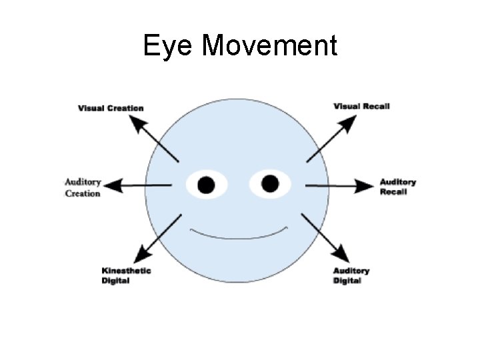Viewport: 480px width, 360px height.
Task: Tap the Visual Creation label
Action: pos(111,108)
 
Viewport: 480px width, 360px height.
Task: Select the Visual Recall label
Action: pos(361,106)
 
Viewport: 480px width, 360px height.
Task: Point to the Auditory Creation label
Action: pos(83,187)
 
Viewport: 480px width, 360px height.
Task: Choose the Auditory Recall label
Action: pos(397,187)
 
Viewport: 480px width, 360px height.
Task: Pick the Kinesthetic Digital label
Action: pos(126,275)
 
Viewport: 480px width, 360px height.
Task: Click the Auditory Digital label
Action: pos(351,275)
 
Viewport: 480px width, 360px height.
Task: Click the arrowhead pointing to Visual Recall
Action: pos(350,122)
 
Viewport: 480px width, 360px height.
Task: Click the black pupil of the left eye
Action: pos(207,184)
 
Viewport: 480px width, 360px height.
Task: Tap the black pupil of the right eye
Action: pos(270,183)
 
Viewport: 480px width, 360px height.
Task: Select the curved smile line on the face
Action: pos(239,235)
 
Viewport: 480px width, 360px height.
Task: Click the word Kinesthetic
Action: pos(126,271)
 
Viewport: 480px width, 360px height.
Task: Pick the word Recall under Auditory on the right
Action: pos(393,192)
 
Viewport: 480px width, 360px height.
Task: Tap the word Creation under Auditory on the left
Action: pos(83,193)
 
